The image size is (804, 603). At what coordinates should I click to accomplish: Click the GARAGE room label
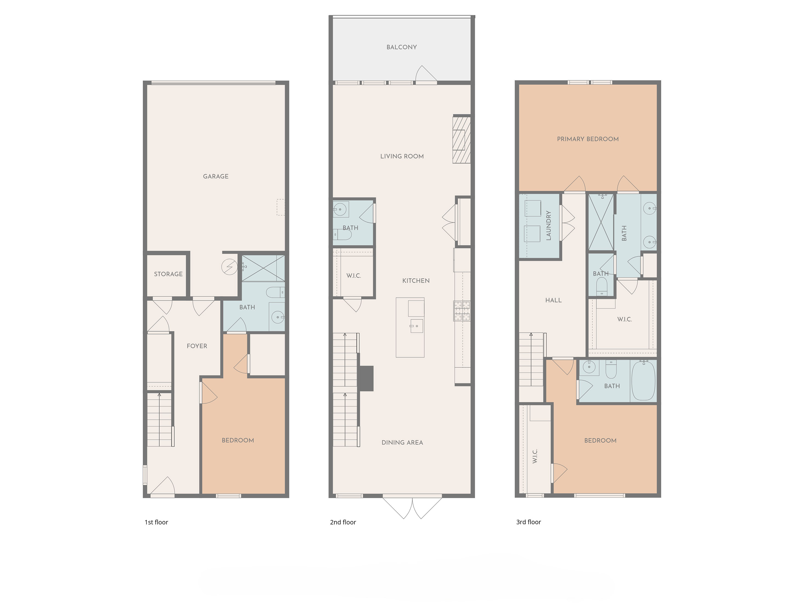pyautogui.click(x=215, y=176)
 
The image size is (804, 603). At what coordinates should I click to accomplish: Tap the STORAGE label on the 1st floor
pyautogui.click(x=168, y=274)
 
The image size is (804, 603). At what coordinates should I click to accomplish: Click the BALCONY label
pyautogui.click(x=402, y=47)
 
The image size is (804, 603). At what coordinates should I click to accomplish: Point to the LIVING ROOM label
pyautogui.click(x=402, y=156)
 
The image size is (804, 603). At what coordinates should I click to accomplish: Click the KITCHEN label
pyautogui.click(x=416, y=281)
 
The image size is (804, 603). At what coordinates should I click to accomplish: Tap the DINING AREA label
pyautogui.click(x=402, y=442)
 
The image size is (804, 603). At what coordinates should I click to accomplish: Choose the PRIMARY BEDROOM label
pyautogui.click(x=588, y=139)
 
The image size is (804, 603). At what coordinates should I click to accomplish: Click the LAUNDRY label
pyautogui.click(x=549, y=225)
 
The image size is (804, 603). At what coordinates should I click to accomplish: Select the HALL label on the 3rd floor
pyautogui.click(x=553, y=300)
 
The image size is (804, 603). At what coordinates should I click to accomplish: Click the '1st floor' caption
pyautogui.click(x=156, y=522)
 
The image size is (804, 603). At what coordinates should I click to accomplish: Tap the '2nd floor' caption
pyautogui.click(x=343, y=522)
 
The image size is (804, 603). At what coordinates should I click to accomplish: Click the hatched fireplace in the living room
pyautogui.click(x=461, y=140)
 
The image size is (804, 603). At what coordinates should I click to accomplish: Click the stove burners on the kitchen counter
pyautogui.click(x=462, y=311)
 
